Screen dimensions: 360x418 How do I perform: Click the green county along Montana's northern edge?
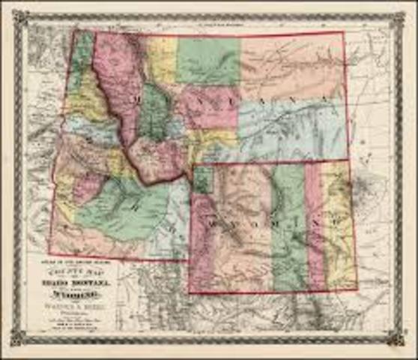pos(208,60)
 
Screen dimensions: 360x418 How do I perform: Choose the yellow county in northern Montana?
pos(162,58)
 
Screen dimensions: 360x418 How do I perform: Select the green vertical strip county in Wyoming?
pos(288,225)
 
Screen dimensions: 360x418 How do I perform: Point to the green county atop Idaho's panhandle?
pos(83,52)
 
